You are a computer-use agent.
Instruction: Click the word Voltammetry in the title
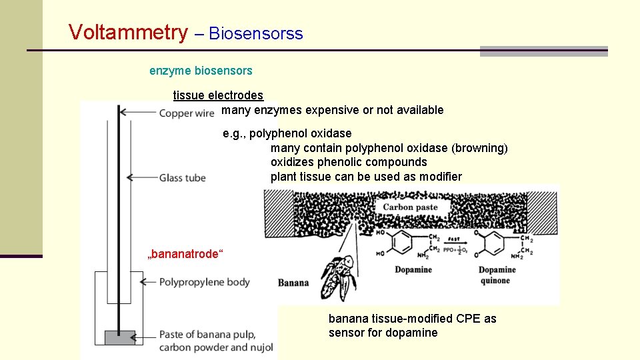coord(128,32)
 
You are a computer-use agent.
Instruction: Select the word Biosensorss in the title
coord(256,34)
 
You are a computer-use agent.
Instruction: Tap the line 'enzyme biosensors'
coord(201,70)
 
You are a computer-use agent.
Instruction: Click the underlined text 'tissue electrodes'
coord(218,96)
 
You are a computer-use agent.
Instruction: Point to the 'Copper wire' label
coord(187,113)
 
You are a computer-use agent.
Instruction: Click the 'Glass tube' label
coord(182,178)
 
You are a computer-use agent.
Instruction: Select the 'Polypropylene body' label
coord(204,282)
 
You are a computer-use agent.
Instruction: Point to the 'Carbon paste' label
coord(410,207)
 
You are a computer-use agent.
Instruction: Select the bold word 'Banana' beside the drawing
coord(293,283)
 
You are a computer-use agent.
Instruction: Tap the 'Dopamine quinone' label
coord(497,275)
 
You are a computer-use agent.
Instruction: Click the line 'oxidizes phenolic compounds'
coord(349,162)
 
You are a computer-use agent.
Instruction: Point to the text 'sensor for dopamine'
coord(383,333)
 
